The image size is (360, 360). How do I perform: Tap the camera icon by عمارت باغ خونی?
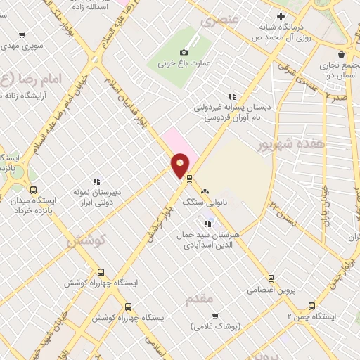[x=184, y=52]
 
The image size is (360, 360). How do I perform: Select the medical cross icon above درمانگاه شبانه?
[x=281, y=16]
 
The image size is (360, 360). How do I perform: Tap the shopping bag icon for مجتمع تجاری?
[x=341, y=54]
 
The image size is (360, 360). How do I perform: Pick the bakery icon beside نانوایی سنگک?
[x=205, y=191]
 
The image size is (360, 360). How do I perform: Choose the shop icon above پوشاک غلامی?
[x=215, y=316]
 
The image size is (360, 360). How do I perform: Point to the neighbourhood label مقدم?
[x=199, y=300]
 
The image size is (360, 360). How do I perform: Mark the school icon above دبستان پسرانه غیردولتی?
[x=231, y=97]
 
